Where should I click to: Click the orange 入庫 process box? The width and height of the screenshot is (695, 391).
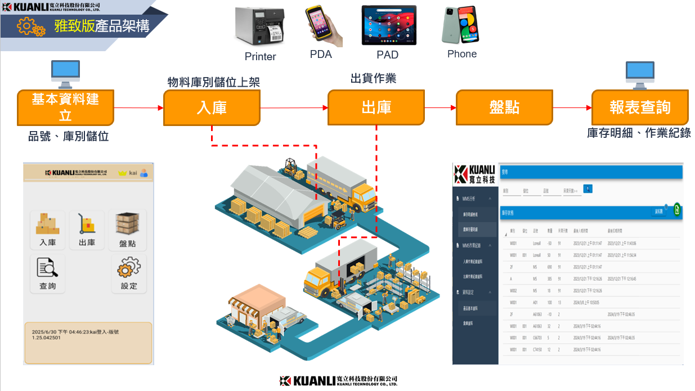pos(212,107)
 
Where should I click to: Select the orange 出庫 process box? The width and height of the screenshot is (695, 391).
pos(376,107)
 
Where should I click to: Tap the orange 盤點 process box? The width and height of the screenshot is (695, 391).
pos(504,107)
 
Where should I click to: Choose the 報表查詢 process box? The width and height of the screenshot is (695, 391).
pos(640,107)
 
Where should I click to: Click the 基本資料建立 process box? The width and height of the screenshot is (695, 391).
pos(65,107)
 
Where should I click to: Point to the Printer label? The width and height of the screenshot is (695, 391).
pos(260,57)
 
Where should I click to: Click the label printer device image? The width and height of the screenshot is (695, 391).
pos(259,26)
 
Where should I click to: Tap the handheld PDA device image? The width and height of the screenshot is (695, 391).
pos(322,26)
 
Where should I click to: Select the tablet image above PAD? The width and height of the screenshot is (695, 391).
pos(388,25)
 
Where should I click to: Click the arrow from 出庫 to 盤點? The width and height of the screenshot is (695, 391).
pos(440,107)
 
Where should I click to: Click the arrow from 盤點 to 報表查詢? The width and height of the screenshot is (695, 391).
pos(572,107)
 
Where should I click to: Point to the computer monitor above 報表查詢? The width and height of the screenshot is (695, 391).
pos(640,75)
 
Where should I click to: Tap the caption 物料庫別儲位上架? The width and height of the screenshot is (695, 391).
pos(214,82)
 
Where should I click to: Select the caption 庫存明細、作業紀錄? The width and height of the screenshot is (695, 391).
pos(639,133)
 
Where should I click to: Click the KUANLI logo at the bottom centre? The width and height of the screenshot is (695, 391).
pos(338,381)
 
